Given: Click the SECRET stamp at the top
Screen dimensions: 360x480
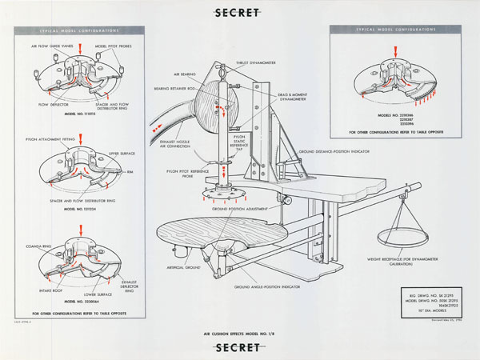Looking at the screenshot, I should pos(239,13).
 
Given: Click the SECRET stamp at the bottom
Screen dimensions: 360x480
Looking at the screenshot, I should pos(239,347).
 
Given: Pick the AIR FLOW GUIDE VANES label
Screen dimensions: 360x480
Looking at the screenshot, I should pos(55,46).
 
